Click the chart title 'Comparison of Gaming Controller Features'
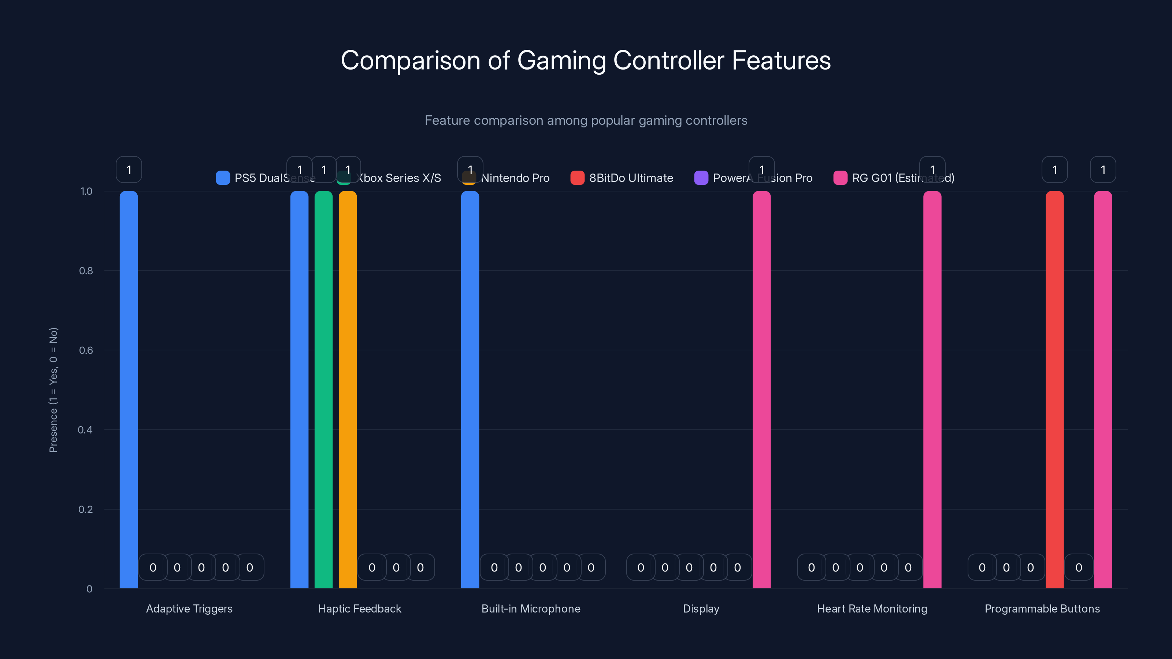586,60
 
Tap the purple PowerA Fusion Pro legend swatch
701,178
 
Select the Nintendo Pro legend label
515,178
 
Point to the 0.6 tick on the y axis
86,350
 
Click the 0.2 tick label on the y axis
86,509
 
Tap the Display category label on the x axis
701,608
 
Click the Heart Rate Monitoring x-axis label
872,608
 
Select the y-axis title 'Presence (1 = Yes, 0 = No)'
53,390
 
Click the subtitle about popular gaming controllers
586,120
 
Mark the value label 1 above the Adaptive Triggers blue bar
129,170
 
